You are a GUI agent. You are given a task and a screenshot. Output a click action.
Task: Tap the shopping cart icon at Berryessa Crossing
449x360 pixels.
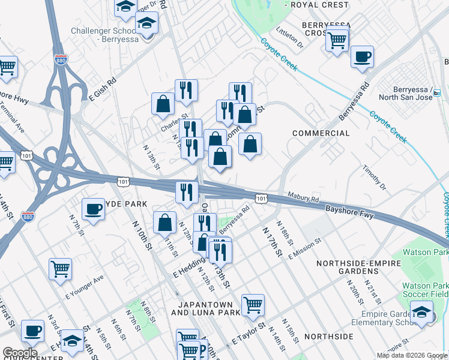point(337,40)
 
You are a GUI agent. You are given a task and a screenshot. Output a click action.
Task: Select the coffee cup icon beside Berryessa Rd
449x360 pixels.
point(362,58)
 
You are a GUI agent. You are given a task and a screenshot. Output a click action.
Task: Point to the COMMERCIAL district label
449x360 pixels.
point(321,133)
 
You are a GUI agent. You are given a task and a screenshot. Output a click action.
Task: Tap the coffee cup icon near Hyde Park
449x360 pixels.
point(93,209)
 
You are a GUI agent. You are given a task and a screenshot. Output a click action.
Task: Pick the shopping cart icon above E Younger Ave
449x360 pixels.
point(60,269)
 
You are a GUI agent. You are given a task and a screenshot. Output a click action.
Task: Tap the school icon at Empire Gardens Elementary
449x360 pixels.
point(421,312)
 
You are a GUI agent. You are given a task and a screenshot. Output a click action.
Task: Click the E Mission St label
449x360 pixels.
point(305,248)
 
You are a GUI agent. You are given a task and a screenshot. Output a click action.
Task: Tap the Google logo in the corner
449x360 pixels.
point(19,353)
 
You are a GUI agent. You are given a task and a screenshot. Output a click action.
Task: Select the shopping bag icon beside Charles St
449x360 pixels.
point(163,104)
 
